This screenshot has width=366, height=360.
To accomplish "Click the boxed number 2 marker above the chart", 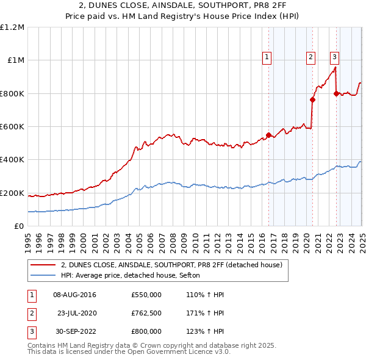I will tap(310, 57).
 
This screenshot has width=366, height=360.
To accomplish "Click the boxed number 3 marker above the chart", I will tap(335, 57).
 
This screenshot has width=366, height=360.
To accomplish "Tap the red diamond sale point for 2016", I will tap(268, 135).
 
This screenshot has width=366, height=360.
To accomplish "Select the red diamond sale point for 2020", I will tap(312, 100).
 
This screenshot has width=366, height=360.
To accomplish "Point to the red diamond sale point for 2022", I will tap(337, 93).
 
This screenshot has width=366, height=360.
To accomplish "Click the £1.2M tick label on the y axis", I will tap(12, 27).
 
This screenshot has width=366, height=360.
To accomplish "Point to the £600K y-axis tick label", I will tap(12, 127).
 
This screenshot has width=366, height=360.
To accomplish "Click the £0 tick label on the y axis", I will tap(20, 226).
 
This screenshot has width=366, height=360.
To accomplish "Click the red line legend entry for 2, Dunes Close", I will tap(171, 265).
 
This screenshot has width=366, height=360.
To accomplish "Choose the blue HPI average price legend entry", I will tap(135, 276).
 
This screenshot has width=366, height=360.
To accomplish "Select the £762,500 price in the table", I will tap(146, 314).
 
